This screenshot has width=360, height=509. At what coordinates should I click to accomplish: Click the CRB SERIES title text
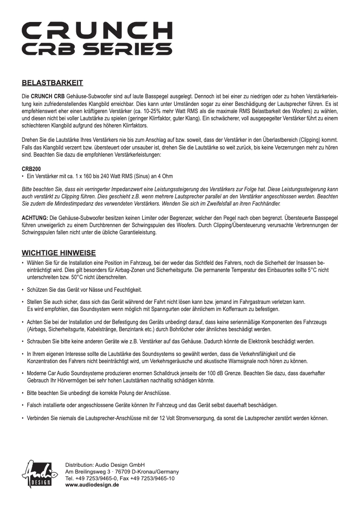tap(97, 48)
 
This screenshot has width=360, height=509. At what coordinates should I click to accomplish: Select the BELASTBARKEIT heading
tap(52, 83)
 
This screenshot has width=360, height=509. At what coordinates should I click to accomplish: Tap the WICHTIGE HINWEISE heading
tap(59, 253)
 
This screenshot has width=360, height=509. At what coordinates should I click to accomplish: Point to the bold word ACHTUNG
tap(35, 218)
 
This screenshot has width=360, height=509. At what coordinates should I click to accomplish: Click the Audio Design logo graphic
tap(40, 474)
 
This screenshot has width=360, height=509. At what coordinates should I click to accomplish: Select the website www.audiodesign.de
tap(92, 485)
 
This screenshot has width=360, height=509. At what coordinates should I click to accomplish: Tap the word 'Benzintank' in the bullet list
tap(153, 329)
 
